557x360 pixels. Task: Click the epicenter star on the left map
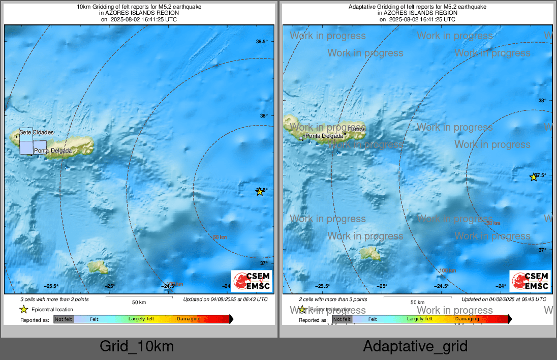click(x=260, y=192)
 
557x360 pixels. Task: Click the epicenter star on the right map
click(x=534, y=177)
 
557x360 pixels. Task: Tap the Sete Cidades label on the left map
click(x=37, y=133)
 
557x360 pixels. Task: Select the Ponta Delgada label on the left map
click(x=53, y=151)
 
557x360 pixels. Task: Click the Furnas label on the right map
click(x=357, y=130)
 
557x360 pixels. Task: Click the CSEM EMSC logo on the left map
click(x=252, y=281)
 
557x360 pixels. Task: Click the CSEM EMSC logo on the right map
click(x=531, y=281)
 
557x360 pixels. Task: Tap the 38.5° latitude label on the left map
click(x=262, y=42)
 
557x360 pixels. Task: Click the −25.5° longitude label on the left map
click(x=51, y=286)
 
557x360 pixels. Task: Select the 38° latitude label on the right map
click(x=542, y=101)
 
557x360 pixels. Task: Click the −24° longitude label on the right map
click(x=501, y=286)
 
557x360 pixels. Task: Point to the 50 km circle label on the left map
click(x=219, y=237)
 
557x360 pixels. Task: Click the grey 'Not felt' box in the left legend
click(x=64, y=319)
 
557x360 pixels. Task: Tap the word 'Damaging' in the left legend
click(x=189, y=319)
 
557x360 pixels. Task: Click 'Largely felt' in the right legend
click(x=420, y=319)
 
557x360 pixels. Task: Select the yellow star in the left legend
click(x=23, y=309)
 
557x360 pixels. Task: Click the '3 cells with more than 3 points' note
click(x=54, y=300)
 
